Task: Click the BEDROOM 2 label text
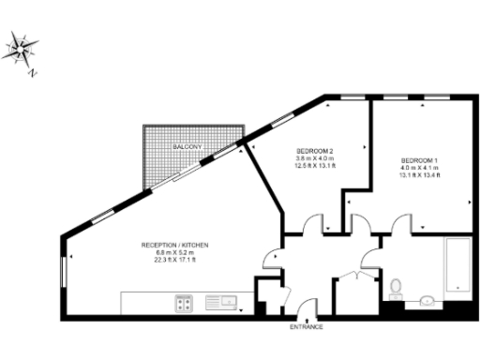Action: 316,151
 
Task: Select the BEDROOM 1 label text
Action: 418,159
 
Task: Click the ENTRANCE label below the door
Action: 306,326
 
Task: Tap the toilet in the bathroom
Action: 396,284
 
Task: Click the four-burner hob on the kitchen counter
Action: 183,302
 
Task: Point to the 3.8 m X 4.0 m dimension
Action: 316,158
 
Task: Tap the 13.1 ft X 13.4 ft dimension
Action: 418,174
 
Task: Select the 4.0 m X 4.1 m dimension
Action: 418,167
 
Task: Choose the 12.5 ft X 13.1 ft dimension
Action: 316,166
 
